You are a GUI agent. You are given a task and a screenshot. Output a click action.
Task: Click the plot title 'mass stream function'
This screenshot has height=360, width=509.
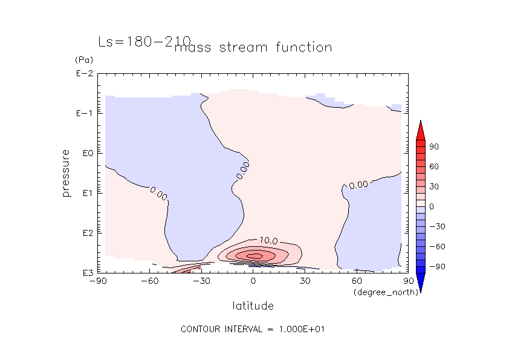click(253, 47)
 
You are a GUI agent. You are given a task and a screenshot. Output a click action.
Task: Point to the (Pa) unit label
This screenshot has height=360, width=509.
click(83, 60)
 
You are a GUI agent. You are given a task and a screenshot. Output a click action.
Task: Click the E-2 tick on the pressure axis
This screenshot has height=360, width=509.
click(83, 74)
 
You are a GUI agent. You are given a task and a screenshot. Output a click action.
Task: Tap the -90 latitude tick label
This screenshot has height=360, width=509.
click(98, 281)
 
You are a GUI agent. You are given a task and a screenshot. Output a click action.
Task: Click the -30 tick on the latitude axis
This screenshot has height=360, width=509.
click(201, 281)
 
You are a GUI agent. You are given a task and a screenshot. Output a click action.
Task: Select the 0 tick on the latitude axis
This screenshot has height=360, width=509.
click(253, 281)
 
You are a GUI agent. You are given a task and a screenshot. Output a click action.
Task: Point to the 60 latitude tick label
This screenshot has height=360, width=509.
click(357, 281)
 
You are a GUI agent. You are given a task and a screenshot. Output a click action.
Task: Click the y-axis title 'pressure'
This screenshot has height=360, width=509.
click(66, 173)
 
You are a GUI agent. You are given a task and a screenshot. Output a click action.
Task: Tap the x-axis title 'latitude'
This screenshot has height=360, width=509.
click(253, 306)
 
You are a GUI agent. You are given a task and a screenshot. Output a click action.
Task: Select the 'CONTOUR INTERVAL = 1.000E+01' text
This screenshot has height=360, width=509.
click(254, 329)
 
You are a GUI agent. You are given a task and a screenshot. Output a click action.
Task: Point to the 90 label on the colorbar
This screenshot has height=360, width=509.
click(434, 147)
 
